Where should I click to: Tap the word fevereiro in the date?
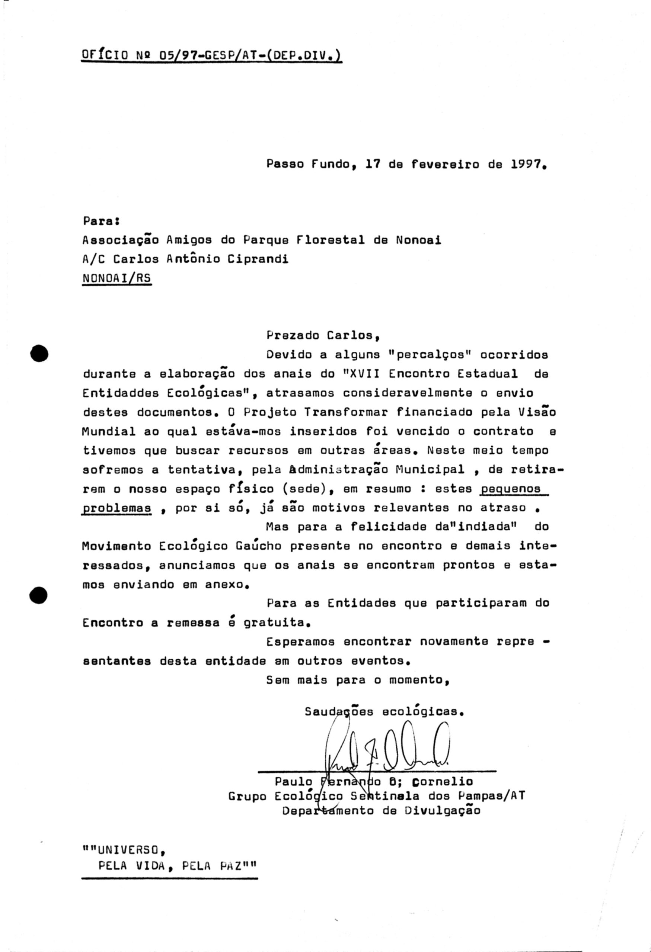(445, 164)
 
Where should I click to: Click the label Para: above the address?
(101, 221)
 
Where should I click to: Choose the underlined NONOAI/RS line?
(117, 279)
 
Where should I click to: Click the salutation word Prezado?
(292, 335)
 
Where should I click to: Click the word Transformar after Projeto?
(345, 412)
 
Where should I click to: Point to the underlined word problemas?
(117, 508)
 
